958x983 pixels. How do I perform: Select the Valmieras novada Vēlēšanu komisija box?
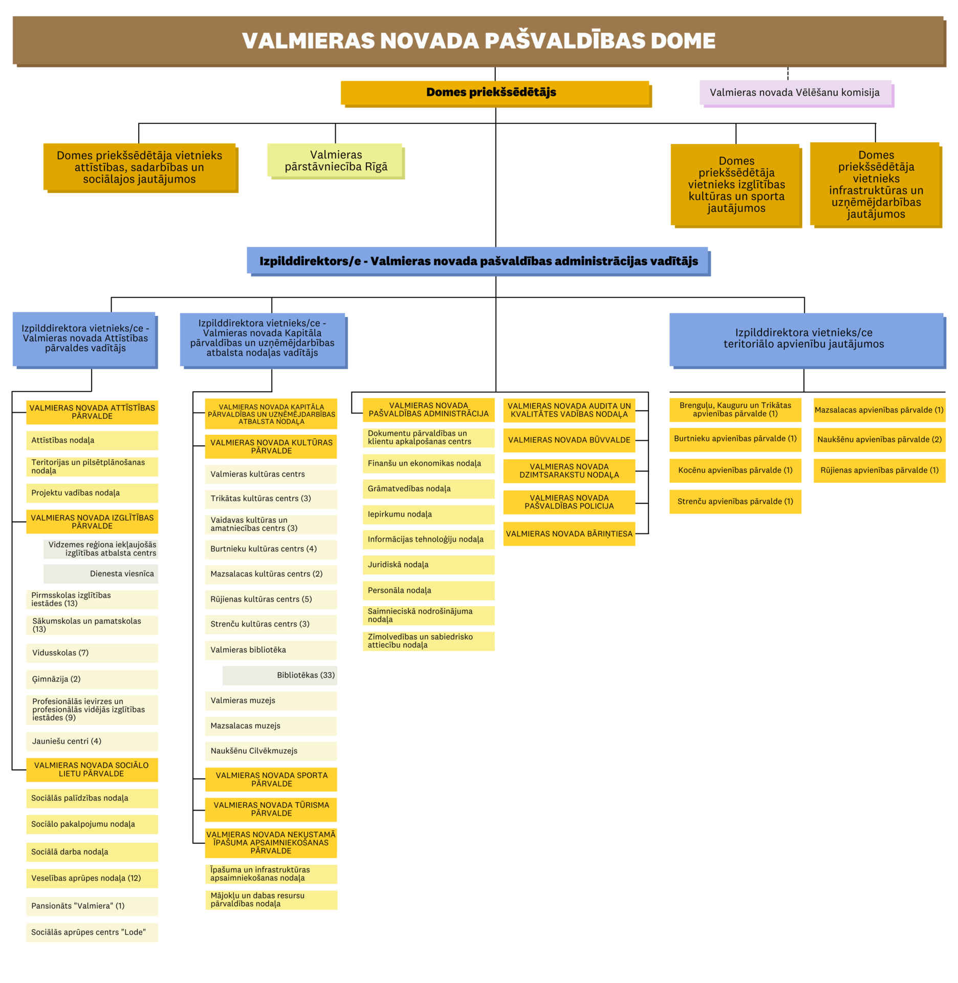(x=796, y=93)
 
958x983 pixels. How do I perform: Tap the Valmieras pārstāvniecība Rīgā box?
(x=336, y=161)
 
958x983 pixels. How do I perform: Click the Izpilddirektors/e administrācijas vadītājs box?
(x=478, y=262)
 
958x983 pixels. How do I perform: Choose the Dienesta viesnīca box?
(x=100, y=574)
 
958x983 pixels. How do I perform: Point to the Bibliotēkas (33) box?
(x=279, y=675)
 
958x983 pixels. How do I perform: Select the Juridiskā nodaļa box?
(x=428, y=565)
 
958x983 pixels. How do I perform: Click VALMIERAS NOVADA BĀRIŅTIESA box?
(x=569, y=534)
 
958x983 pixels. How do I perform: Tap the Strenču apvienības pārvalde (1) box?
(x=735, y=502)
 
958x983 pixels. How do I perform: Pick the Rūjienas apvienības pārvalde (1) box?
(x=879, y=471)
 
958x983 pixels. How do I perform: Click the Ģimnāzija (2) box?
(x=92, y=679)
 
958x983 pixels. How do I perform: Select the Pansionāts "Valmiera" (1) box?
(x=92, y=906)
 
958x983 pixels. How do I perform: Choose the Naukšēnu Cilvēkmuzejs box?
(x=271, y=751)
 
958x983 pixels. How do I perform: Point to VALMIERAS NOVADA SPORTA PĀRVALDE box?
(x=271, y=780)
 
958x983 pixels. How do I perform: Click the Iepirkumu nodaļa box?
(x=428, y=515)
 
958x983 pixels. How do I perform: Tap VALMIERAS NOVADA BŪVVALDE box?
(x=569, y=440)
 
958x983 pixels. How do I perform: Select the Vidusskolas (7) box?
(x=92, y=653)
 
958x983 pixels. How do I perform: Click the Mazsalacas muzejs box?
(x=271, y=726)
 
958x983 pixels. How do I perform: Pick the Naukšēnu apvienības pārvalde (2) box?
(x=879, y=440)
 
